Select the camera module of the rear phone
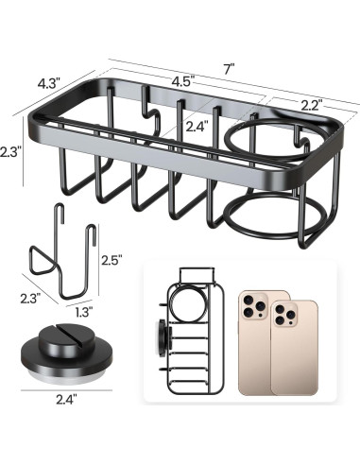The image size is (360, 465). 254,305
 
